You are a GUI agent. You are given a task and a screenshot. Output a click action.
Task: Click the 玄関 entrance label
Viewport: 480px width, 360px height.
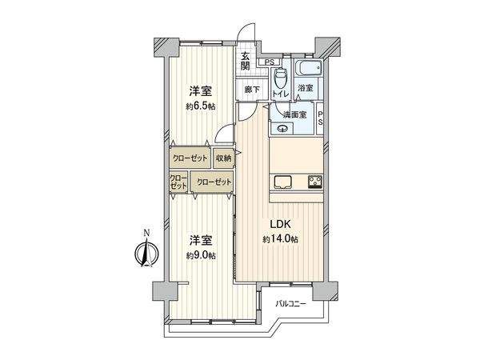click(246, 61)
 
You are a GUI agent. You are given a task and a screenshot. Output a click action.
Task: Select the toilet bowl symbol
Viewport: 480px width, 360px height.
click(280, 80)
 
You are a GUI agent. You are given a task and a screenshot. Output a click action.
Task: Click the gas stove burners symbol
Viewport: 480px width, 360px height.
click(314, 180)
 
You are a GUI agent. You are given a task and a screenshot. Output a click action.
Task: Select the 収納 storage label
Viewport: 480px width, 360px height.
click(222, 158)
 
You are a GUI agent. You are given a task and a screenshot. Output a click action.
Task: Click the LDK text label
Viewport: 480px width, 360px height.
click(279, 225)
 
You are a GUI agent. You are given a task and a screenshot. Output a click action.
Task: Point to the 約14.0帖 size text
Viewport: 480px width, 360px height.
click(279, 239)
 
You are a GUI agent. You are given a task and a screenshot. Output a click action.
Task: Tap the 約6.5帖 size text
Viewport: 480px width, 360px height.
click(201, 106)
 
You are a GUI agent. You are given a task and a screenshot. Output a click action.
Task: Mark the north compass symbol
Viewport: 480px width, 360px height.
click(145, 254)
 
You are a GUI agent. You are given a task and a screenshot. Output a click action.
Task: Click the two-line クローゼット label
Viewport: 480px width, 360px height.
click(178, 182)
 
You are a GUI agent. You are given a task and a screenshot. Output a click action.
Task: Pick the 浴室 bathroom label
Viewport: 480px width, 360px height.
click(304, 88)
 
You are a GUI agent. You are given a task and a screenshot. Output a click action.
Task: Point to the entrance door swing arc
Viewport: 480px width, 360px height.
click(246, 38)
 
